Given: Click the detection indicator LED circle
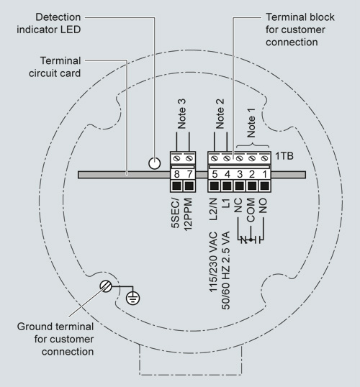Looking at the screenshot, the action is coord(154,163).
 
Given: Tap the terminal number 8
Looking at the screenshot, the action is coord(176,174).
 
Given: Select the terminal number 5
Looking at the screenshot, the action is coord(215,174).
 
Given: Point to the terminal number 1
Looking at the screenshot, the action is coord(265,174).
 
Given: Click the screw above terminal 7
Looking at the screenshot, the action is coord(189,158).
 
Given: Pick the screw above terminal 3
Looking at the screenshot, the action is coord(240,158).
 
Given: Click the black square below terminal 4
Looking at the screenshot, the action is coord(227,186).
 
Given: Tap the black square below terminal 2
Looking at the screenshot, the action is coord(252,186).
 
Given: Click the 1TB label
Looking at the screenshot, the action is coord(284,156).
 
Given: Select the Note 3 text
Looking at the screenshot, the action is coord(181,114).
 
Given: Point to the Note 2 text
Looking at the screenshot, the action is coord(220,114).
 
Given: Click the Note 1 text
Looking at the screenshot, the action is coord(251,123).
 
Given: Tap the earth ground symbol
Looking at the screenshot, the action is coord(133,298).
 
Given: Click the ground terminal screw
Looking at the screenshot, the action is coord(106,286).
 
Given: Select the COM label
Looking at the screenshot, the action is coord(251,210).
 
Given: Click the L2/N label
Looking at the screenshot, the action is coord(213,209).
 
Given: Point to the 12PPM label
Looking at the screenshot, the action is coord(188,214).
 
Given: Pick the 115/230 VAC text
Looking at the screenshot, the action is coord(213,262).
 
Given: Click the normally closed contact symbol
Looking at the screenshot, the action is coord(244,240).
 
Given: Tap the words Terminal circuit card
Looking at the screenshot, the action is coord(55,67).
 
